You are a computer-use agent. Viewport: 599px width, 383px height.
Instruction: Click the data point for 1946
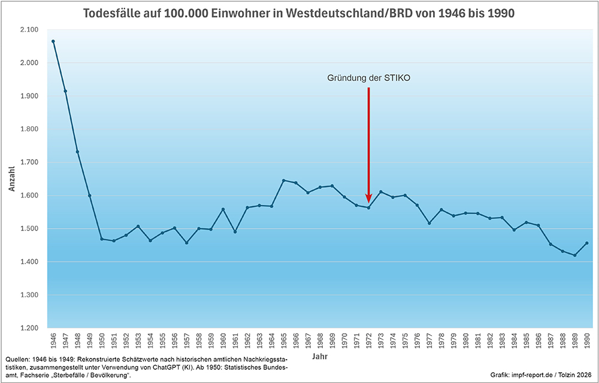point(53,41)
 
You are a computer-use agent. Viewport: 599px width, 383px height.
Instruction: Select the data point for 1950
point(102,239)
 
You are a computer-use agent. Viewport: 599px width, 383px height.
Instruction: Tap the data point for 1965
point(283,180)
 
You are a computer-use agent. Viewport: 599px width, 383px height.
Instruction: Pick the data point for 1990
point(586,243)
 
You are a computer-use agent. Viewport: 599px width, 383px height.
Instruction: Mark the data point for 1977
point(429,223)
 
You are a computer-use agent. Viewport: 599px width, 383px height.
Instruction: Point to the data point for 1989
point(574,255)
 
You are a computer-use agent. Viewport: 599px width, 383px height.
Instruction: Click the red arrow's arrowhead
point(368,199)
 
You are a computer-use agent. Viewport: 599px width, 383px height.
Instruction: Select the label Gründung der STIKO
point(368,78)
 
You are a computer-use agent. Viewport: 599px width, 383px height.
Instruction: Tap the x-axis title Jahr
point(319,357)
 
